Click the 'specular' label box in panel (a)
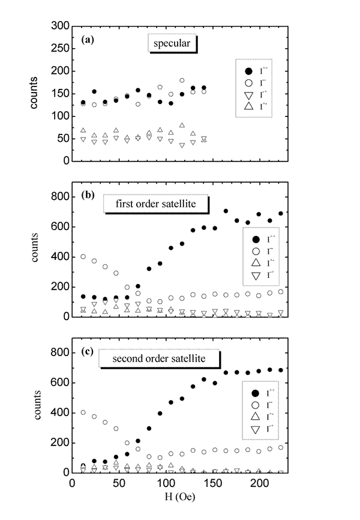click(173, 44)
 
